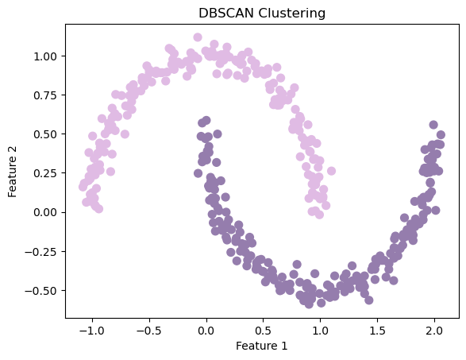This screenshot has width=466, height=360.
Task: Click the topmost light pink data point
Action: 198,37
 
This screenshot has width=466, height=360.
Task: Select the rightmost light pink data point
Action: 331,171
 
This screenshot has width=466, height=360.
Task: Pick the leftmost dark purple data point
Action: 198,173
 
